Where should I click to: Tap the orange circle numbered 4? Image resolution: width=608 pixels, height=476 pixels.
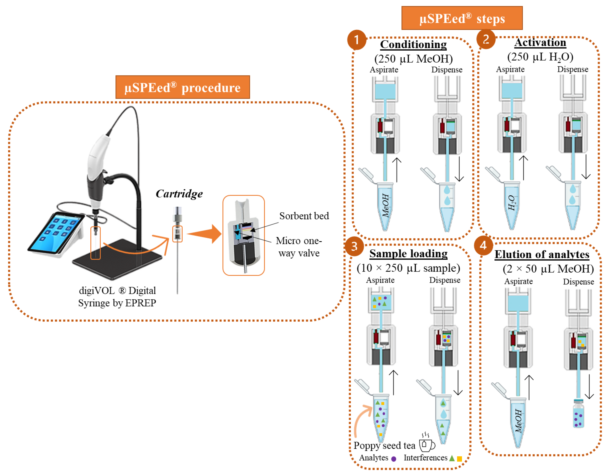tap(483, 245)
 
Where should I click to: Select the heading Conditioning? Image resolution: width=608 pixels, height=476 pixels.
tap(413, 45)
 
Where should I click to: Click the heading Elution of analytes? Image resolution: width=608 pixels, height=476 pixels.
tap(542, 254)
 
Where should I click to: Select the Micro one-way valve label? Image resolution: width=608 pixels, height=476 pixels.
tap(299, 247)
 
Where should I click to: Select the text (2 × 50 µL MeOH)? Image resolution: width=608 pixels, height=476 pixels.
tap(548, 269)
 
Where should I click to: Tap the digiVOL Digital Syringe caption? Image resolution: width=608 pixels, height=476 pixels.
tap(117, 297)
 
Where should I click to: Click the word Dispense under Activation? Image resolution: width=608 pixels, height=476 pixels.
tap(572, 69)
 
